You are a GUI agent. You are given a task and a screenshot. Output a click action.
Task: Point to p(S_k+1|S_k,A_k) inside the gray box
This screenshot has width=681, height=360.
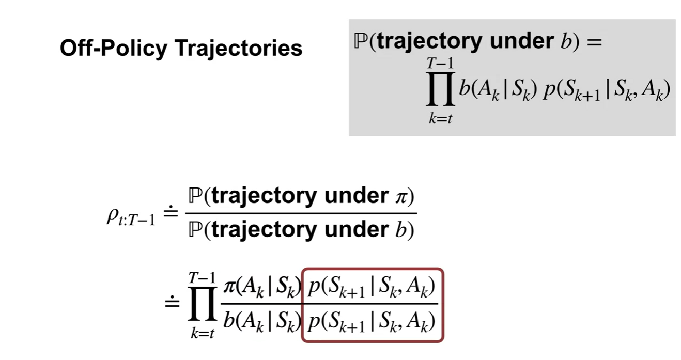click(604, 91)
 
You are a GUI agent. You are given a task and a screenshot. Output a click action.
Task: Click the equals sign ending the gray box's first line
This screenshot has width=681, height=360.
click(594, 42)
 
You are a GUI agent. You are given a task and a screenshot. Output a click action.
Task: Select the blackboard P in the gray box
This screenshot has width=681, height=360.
click(360, 41)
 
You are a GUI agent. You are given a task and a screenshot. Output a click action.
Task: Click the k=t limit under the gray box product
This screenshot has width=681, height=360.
click(440, 119)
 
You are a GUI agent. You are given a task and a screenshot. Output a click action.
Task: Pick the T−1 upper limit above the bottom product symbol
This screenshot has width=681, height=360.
click(202, 278)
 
